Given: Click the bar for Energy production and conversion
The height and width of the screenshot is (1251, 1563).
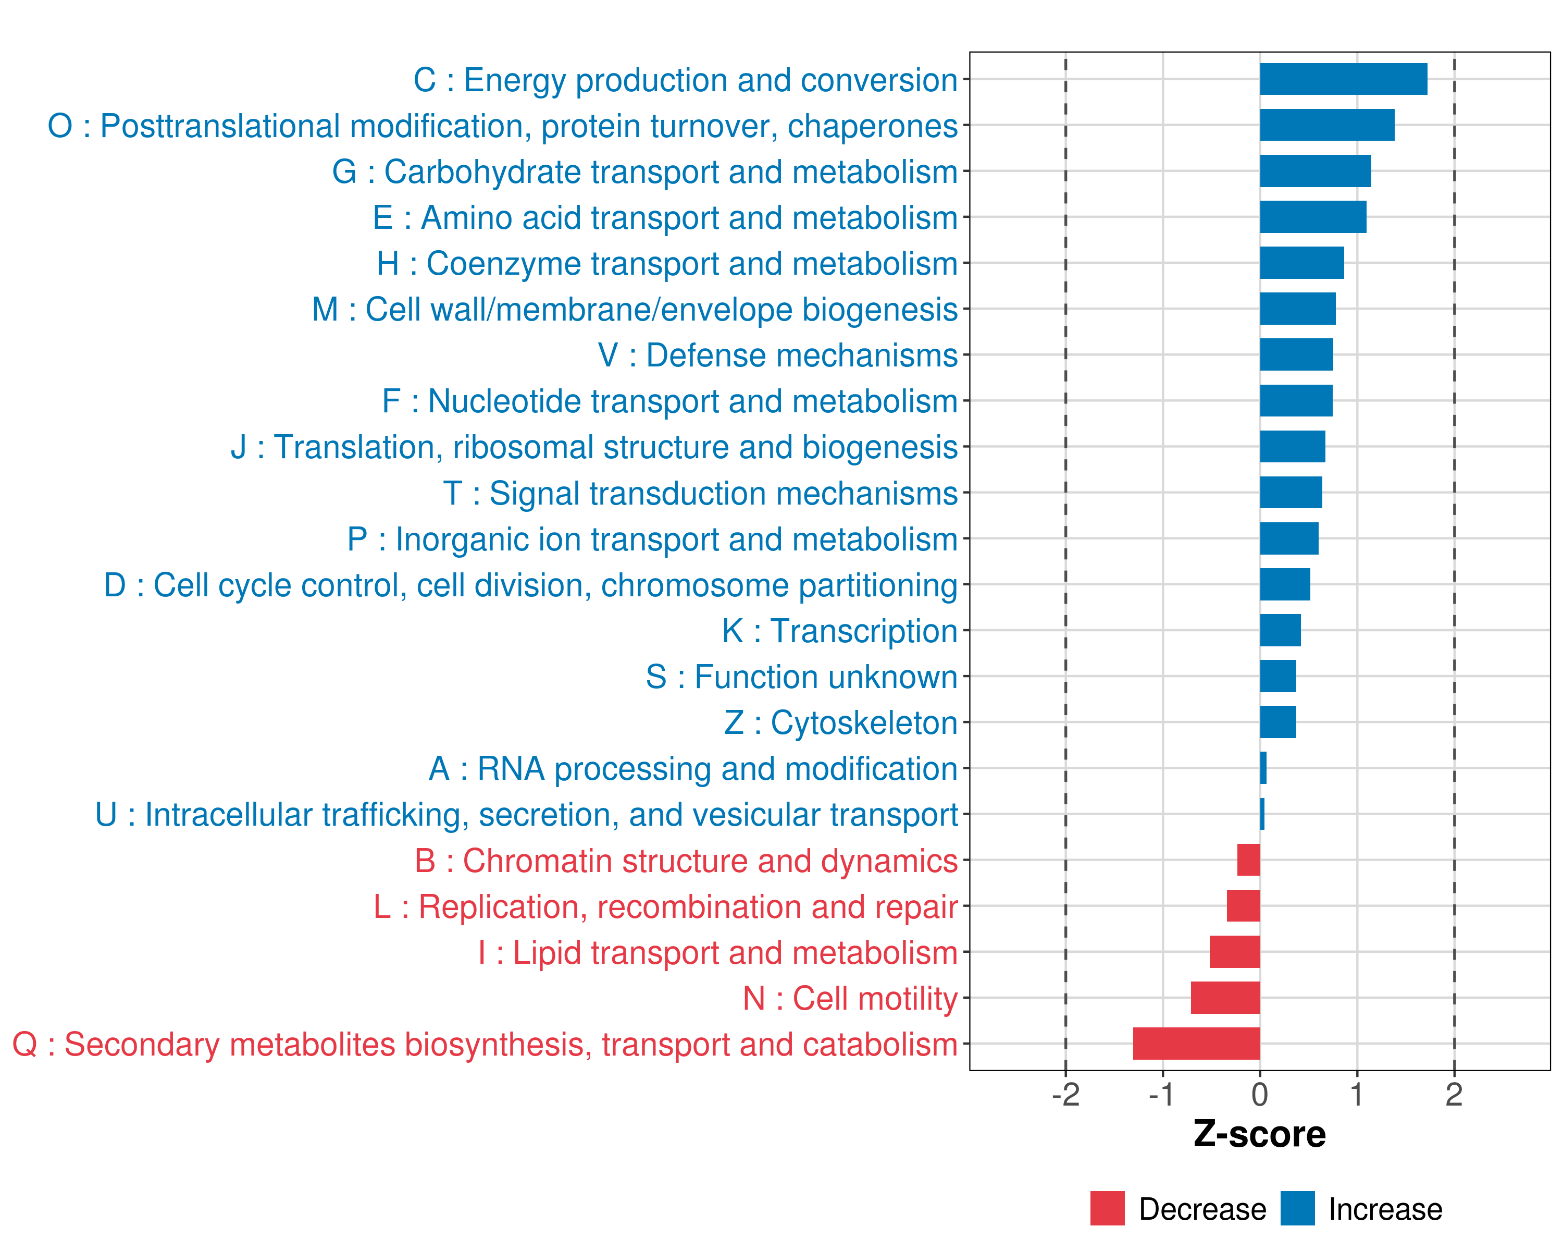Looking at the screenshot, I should [1343, 79].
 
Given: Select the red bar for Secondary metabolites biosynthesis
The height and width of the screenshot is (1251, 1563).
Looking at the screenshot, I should [1196, 1044].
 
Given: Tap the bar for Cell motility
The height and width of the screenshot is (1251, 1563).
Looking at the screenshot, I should [1225, 998].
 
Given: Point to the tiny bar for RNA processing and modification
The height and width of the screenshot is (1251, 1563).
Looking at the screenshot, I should [1263, 768].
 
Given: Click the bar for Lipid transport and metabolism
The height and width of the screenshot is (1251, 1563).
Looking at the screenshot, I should [1235, 951].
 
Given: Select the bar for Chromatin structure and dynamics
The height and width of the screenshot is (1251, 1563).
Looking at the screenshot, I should [1248, 860].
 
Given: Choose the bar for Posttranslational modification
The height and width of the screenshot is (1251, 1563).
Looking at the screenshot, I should [1326, 125].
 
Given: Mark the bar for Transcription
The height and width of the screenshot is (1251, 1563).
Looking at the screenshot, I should [1280, 630].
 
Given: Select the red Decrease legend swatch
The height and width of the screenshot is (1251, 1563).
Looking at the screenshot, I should [1107, 1208].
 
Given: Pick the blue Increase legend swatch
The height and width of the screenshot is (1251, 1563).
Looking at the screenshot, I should [1297, 1208].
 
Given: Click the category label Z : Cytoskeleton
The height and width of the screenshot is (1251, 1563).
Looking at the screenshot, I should [840, 723].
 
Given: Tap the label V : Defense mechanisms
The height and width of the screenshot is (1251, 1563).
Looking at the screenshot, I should [777, 355].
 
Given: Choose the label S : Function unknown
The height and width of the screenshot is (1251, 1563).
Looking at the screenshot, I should [801, 677].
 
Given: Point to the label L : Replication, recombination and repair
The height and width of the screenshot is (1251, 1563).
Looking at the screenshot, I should [665, 906].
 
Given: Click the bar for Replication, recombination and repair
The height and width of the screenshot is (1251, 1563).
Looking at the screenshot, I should [1243, 906].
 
